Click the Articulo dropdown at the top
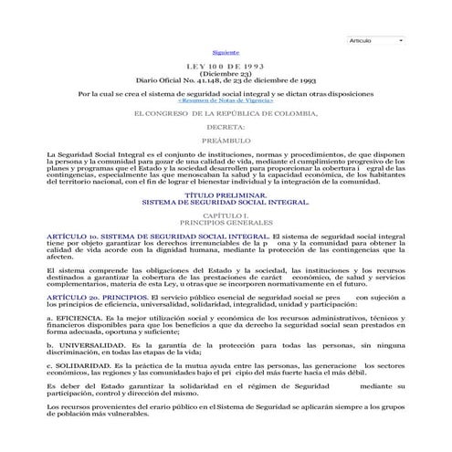376,41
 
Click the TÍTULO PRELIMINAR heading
226,194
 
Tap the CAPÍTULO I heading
226,215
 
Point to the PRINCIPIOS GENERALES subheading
226,222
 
